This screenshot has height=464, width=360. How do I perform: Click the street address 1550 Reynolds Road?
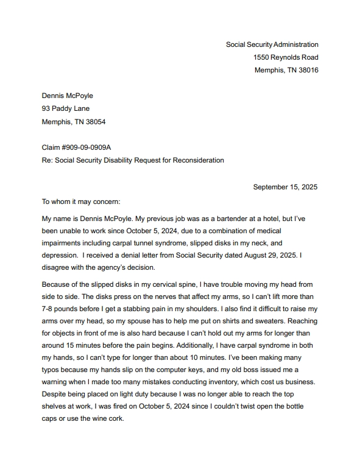click(286, 57)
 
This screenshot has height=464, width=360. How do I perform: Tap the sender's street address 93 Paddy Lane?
click(65, 108)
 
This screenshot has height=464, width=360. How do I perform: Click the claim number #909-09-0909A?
click(89, 147)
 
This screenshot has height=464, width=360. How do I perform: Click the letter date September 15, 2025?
click(285, 187)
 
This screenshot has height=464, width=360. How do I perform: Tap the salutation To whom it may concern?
click(81, 202)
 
